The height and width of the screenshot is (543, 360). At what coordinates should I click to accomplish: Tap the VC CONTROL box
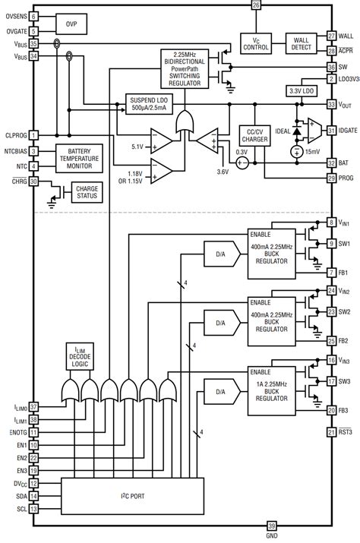(x=257, y=43)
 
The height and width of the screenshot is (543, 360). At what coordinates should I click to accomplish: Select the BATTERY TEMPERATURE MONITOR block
(x=74, y=157)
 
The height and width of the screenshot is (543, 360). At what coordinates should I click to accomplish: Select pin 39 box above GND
(x=272, y=526)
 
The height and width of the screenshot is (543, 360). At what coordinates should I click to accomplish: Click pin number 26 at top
(x=255, y=5)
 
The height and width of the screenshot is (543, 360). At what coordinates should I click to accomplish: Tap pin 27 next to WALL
(x=331, y=36)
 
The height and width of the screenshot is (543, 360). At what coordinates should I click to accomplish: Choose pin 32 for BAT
(x=331, y=163)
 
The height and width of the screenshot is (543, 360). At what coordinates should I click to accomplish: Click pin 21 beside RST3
(x=331, y=432)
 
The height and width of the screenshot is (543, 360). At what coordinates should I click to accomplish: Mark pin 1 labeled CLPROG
(x=33, y=135)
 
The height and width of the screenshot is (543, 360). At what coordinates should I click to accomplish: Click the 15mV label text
(x=311, y=152)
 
